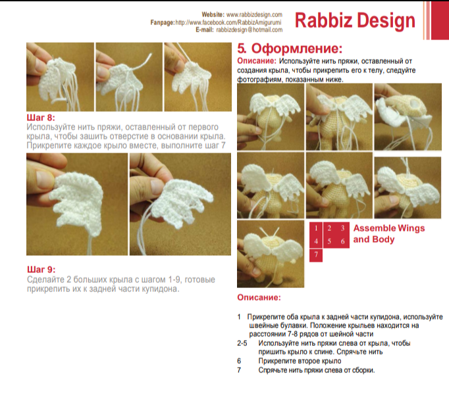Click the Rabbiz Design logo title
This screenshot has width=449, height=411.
click(355, 20)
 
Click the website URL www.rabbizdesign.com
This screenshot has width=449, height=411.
click(254, 14)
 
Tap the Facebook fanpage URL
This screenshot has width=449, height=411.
click(228, 22)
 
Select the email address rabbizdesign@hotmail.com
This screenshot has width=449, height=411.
click(249, 30)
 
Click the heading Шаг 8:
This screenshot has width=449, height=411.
click(41, 118)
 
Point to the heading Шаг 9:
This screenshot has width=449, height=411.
click(41, 270)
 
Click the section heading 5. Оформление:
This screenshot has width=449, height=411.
click(290, 49)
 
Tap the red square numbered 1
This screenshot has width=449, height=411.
click(316, 229)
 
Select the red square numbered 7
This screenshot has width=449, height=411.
click(316, 255)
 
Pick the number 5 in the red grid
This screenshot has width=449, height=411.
click(329, 242)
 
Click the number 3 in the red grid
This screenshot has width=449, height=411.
click(342, 228)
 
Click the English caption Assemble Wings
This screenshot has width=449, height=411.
click(389, 228)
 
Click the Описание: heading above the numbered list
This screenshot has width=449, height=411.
click(259, 297)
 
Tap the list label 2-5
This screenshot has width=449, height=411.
click(242, 343)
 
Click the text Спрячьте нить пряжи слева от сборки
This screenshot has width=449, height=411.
click(317, 370)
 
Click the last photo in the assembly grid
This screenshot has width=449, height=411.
click(271, 254)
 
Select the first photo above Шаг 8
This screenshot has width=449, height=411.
click(60, 77)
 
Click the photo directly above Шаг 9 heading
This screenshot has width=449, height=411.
click(77, 205)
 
